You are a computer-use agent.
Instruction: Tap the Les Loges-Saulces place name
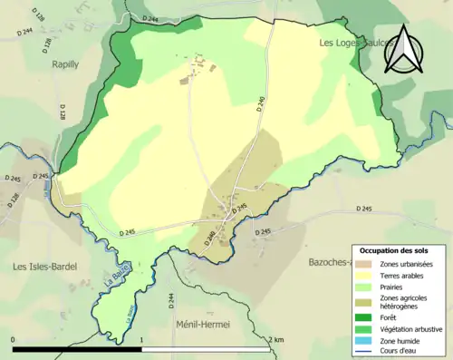pos(355,43)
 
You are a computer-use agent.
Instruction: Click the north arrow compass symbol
pos(404,50)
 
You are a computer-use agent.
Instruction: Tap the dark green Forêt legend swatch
pos(368,316)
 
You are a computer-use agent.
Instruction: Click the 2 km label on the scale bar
pos(278,339)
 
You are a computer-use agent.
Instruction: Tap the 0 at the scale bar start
pos(14,339)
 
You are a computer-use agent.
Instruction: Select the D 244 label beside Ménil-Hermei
pos(170,301)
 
